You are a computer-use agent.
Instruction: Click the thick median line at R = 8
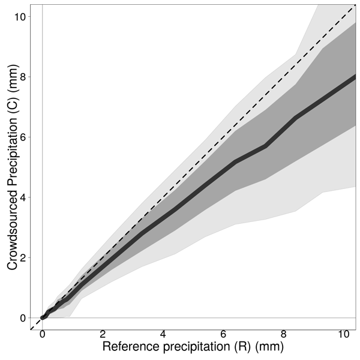tap(284, 128)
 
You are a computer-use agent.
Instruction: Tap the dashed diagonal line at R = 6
tap(223, 137)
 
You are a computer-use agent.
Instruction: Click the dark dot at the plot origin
tap(43, 317)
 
